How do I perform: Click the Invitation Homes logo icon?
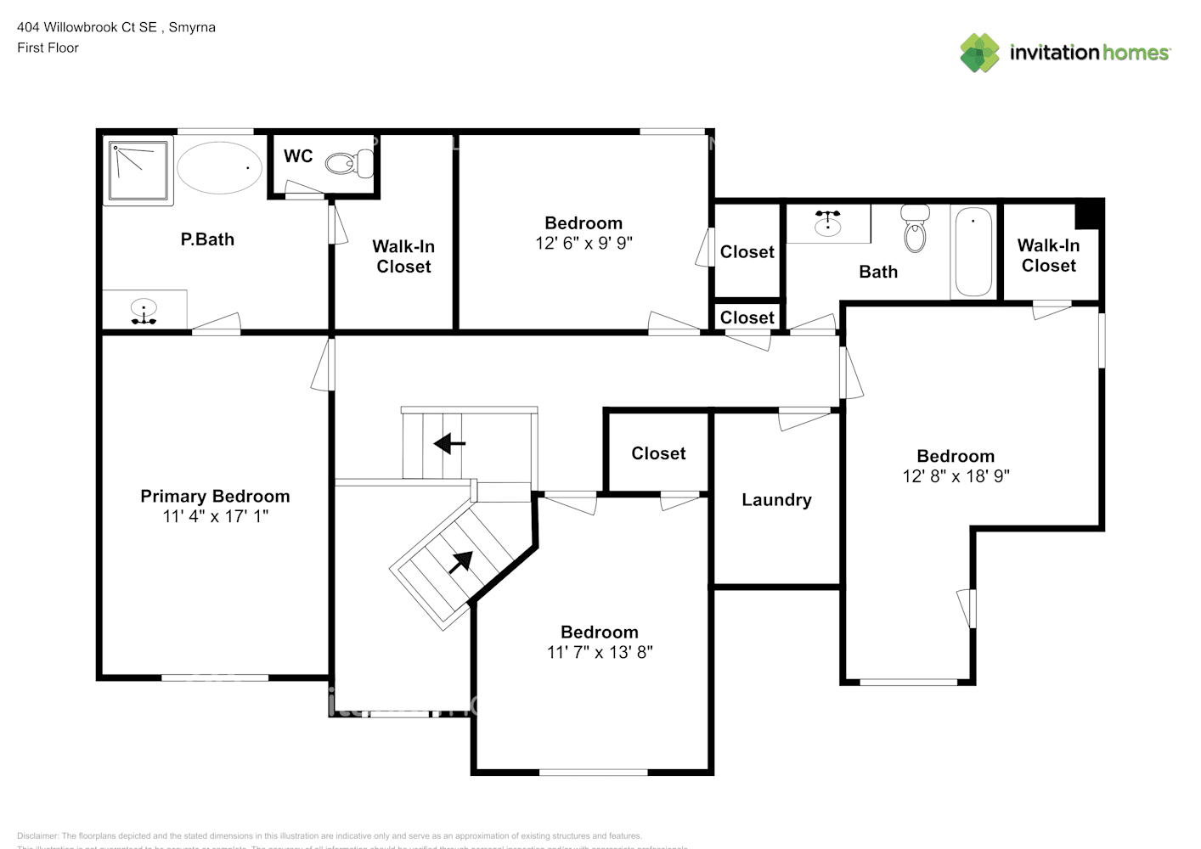point(979,53)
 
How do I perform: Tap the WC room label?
point(298,156)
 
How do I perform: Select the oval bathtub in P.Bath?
point(219,167)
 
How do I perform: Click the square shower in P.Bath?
point(138,170)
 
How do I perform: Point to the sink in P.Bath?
point(144,310)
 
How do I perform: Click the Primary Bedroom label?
point(215,497)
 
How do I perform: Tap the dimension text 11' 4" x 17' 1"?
point(215,516)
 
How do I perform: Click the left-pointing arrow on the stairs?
point(448,443)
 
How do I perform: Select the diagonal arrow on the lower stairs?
point(460,561)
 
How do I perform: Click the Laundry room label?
point(776,500)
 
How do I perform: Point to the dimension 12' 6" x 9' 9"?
point(584,244)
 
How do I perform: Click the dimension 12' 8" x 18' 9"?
point(956,476)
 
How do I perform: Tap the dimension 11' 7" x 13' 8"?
point(600,652)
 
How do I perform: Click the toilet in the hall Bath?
point(915,229)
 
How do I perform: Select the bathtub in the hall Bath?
point(973,252)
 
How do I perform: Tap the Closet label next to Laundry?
point(658,453)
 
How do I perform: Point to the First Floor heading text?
point(48,48)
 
